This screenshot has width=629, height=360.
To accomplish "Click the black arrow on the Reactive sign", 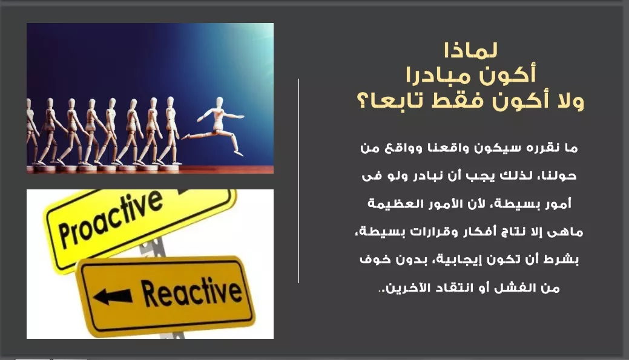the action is (113, 296).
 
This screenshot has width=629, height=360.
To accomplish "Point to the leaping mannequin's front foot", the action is (239, 152).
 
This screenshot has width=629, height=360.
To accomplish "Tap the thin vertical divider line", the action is (298, 181).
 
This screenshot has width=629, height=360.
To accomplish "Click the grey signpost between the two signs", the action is (153, 246).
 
